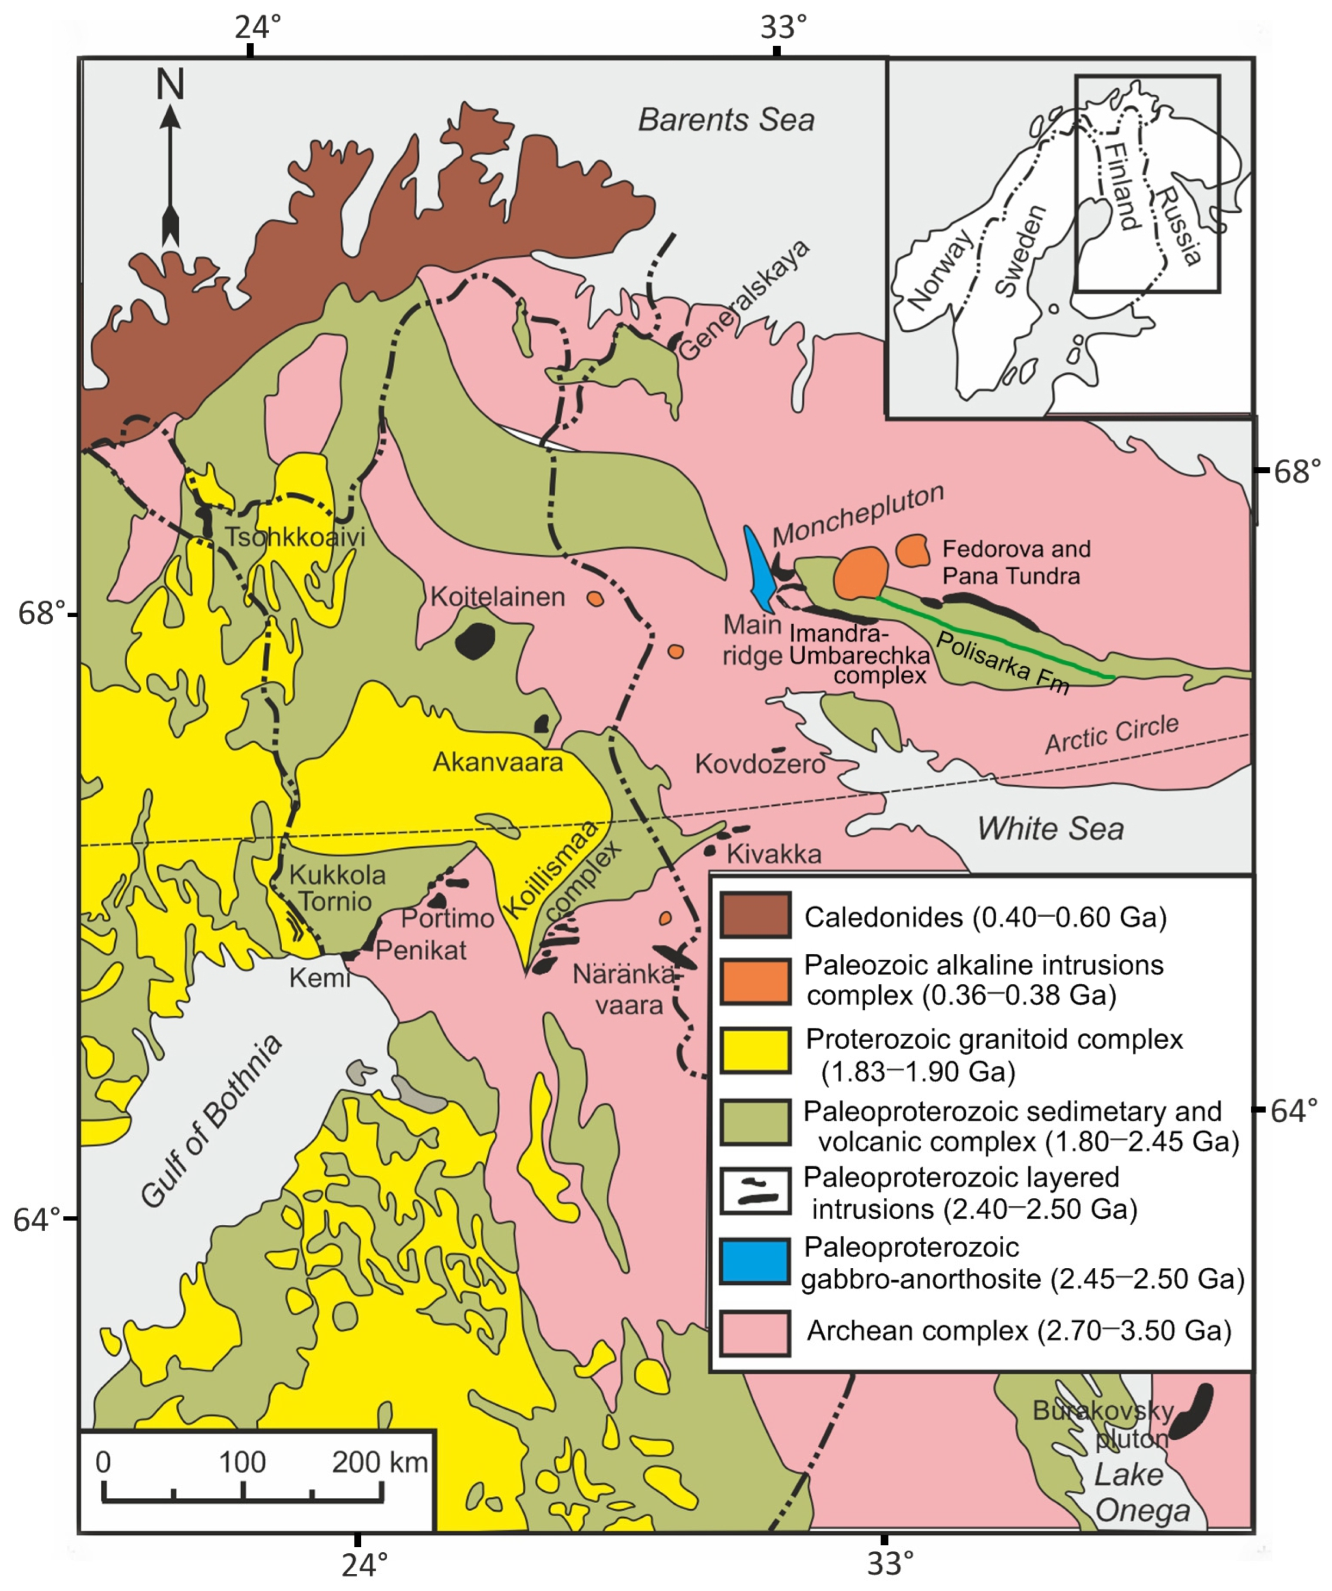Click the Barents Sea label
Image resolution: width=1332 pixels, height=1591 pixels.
coord(725,120)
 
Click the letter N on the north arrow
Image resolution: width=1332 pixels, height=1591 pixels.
coord(170,84)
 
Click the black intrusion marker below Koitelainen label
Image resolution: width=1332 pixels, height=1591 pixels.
coord(475,641)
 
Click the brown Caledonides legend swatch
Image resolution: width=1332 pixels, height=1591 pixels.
coord(755,915)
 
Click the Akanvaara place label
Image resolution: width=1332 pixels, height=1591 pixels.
coord(497,762)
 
